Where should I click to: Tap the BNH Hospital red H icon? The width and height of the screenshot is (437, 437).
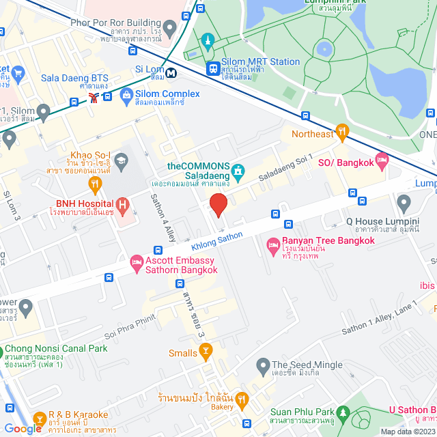tap(122, 203)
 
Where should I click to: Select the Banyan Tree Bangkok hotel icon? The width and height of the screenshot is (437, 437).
tap(272, 244)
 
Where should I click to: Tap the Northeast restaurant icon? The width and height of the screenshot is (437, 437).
tap(342, 131)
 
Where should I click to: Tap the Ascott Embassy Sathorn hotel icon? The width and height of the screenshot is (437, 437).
tap(137, 262)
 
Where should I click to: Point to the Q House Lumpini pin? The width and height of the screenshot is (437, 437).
tap(404, 202)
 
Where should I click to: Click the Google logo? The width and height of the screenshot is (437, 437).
tap(23, 428)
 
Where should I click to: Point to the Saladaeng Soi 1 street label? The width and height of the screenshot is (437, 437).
tap(285, 168)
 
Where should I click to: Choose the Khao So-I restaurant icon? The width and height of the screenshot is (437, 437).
tap(95, 182)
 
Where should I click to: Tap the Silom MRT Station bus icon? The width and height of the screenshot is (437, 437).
tap(214, 68)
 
